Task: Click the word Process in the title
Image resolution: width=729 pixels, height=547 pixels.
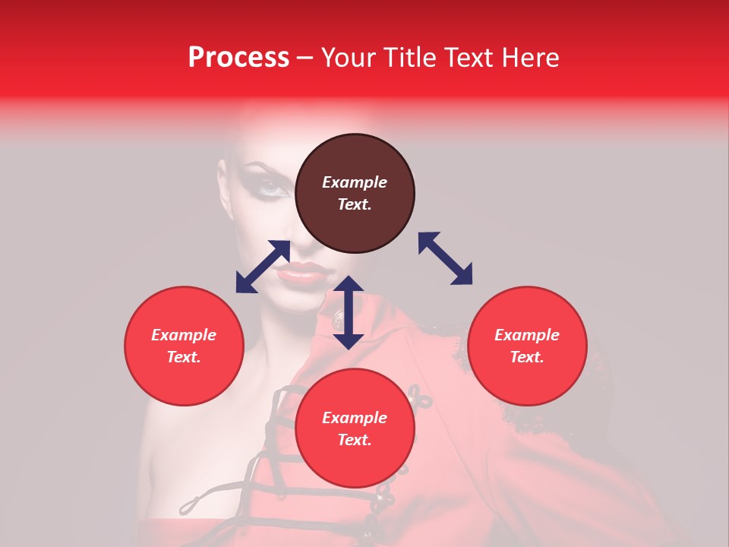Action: (x=238, y=57)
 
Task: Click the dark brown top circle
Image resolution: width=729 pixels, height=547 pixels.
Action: (x=355, y=228)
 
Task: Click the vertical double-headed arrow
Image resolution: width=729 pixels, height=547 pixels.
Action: (x=349, y=312)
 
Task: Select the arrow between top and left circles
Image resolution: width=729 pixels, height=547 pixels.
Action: (x=263, y=267)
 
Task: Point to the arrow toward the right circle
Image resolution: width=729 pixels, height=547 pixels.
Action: (x=445, y=258)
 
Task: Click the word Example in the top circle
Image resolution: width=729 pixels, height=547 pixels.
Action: (x=355, y=182)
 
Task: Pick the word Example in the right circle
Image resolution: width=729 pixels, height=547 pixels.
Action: (x=527, y=335)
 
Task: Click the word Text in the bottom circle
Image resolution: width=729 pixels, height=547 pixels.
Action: (x=353, y=440)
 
